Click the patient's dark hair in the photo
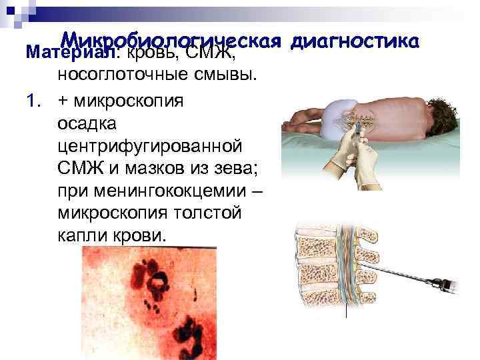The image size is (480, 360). [441, 107]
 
